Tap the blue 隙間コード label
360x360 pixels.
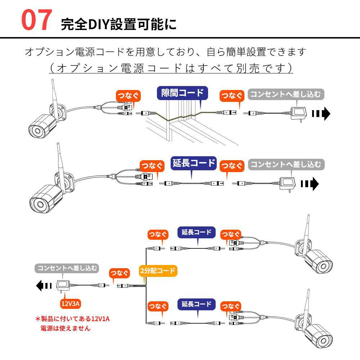183,93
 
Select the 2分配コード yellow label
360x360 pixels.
158,271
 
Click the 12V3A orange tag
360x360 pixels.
71,303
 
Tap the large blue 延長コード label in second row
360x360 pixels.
193,163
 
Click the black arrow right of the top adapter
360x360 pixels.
321,114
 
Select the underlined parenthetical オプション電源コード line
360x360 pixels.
171,68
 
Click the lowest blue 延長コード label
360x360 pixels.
197,304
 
